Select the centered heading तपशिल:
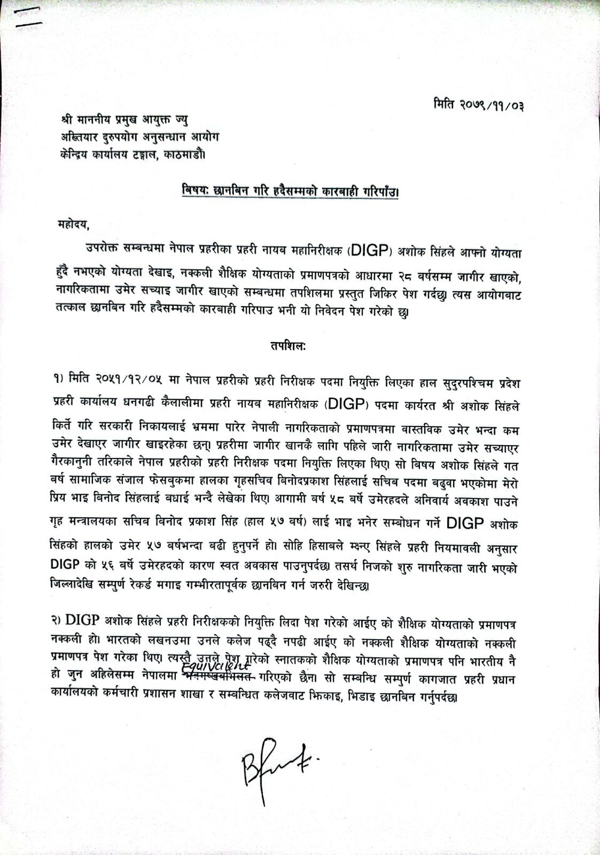pyautogui.click(x=286, y=346)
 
